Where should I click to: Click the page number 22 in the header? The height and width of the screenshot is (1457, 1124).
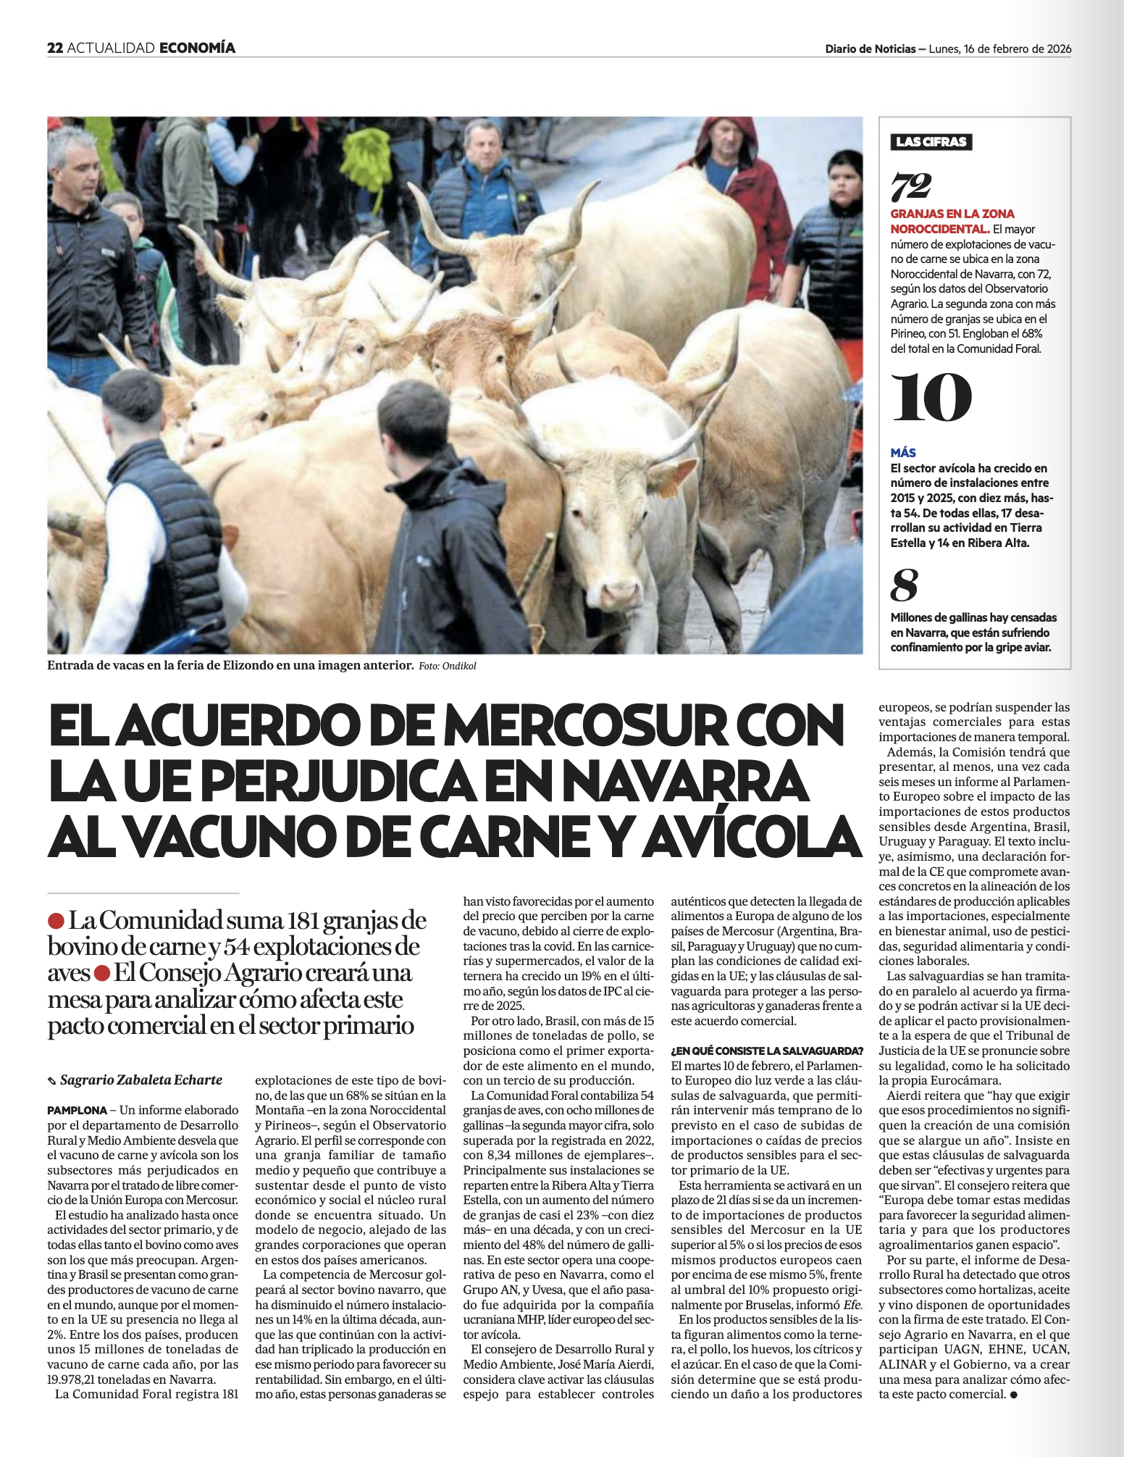tap(55, 49)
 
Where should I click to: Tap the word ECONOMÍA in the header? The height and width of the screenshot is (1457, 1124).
tap(197, 49)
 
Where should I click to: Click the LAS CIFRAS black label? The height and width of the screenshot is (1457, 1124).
tap(931, 142)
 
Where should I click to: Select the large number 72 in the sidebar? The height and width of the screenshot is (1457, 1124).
tap(910, 187)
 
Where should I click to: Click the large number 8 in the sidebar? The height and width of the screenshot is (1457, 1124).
tap(904, 585)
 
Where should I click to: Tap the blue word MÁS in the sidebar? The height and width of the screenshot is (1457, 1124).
tap(903, 453)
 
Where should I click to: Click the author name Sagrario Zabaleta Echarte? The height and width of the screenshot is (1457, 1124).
tap(140, 1080)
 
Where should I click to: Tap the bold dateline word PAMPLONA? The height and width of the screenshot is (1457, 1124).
tap(77, 1110)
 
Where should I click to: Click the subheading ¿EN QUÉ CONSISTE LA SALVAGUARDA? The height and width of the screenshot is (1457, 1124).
tap(767, 1051)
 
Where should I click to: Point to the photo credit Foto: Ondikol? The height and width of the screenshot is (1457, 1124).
tap(448, 667)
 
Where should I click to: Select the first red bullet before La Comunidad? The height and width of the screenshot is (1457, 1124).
tap(56, 922)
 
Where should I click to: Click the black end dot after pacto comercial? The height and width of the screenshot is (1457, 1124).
tap(1013, 1395)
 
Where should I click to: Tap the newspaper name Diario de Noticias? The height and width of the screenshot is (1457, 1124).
tap(870, 49)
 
